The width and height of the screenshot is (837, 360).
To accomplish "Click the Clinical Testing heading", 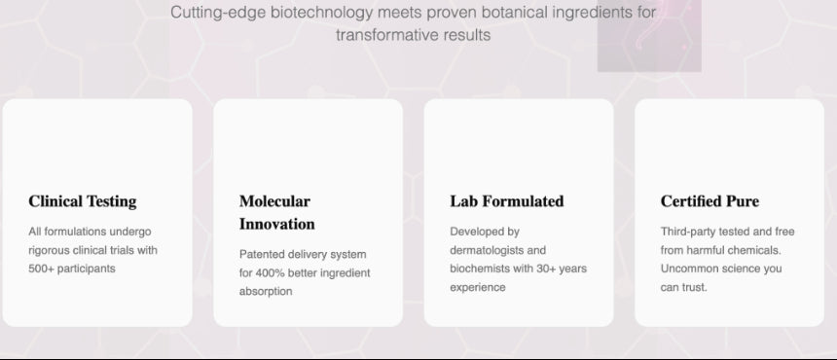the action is point(82,201).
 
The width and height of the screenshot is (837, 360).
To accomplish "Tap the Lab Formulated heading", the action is point(506,201).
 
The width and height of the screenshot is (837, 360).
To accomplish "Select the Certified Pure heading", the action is point(710,201).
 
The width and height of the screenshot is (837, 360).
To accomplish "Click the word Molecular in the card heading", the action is point(274,201).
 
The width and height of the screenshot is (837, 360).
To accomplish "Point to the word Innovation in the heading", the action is point(276,224).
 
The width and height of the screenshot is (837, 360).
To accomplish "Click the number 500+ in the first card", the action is point(41,269).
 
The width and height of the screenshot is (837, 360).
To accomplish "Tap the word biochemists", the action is point(480,269).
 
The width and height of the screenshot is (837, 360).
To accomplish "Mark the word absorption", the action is point(266,292).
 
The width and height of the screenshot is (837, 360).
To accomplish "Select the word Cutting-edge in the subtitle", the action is point(218,13).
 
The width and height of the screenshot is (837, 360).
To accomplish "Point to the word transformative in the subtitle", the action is point(387,35).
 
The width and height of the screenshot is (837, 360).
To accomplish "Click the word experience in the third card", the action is point(477,287).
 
